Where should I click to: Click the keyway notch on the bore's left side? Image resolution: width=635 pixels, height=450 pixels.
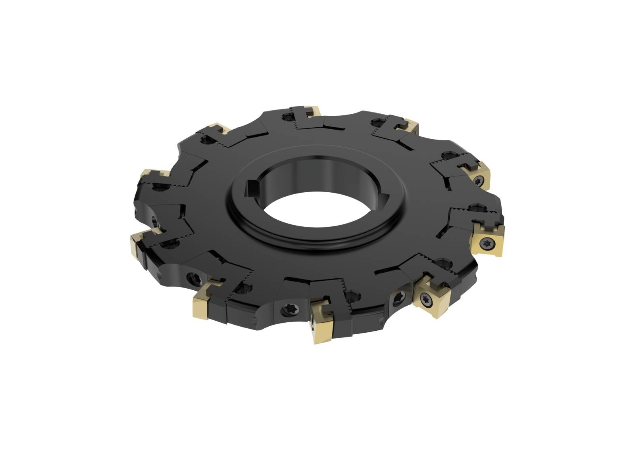pos(251,188)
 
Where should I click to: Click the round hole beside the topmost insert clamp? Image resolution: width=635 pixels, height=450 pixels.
pos(285,117)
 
